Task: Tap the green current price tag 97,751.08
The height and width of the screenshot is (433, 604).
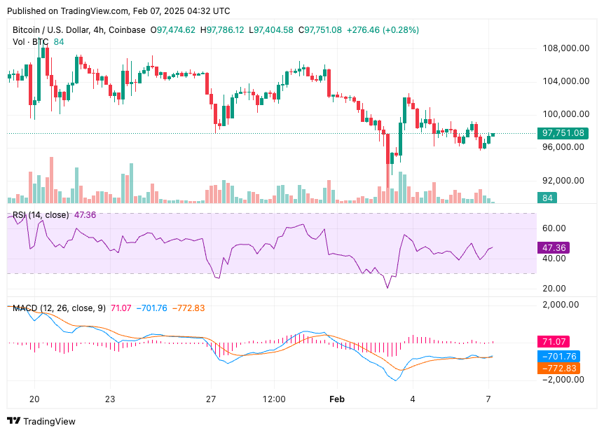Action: [x=563, y=133]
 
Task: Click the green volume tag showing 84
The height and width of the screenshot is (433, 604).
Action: [x=547, y=198]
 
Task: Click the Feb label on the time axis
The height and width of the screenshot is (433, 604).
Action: [x=338, y=399]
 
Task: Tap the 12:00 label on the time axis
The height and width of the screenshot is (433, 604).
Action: [x=274, y=399]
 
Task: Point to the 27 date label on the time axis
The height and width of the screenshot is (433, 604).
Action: [x=211, y=399]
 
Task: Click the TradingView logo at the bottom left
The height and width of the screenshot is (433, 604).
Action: [x=41, y=421]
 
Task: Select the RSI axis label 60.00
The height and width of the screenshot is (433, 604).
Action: [x=554, y=228]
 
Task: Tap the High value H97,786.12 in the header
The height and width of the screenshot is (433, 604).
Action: [x=222, y=30]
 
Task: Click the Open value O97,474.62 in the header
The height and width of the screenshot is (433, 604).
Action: [x=173, y=30]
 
